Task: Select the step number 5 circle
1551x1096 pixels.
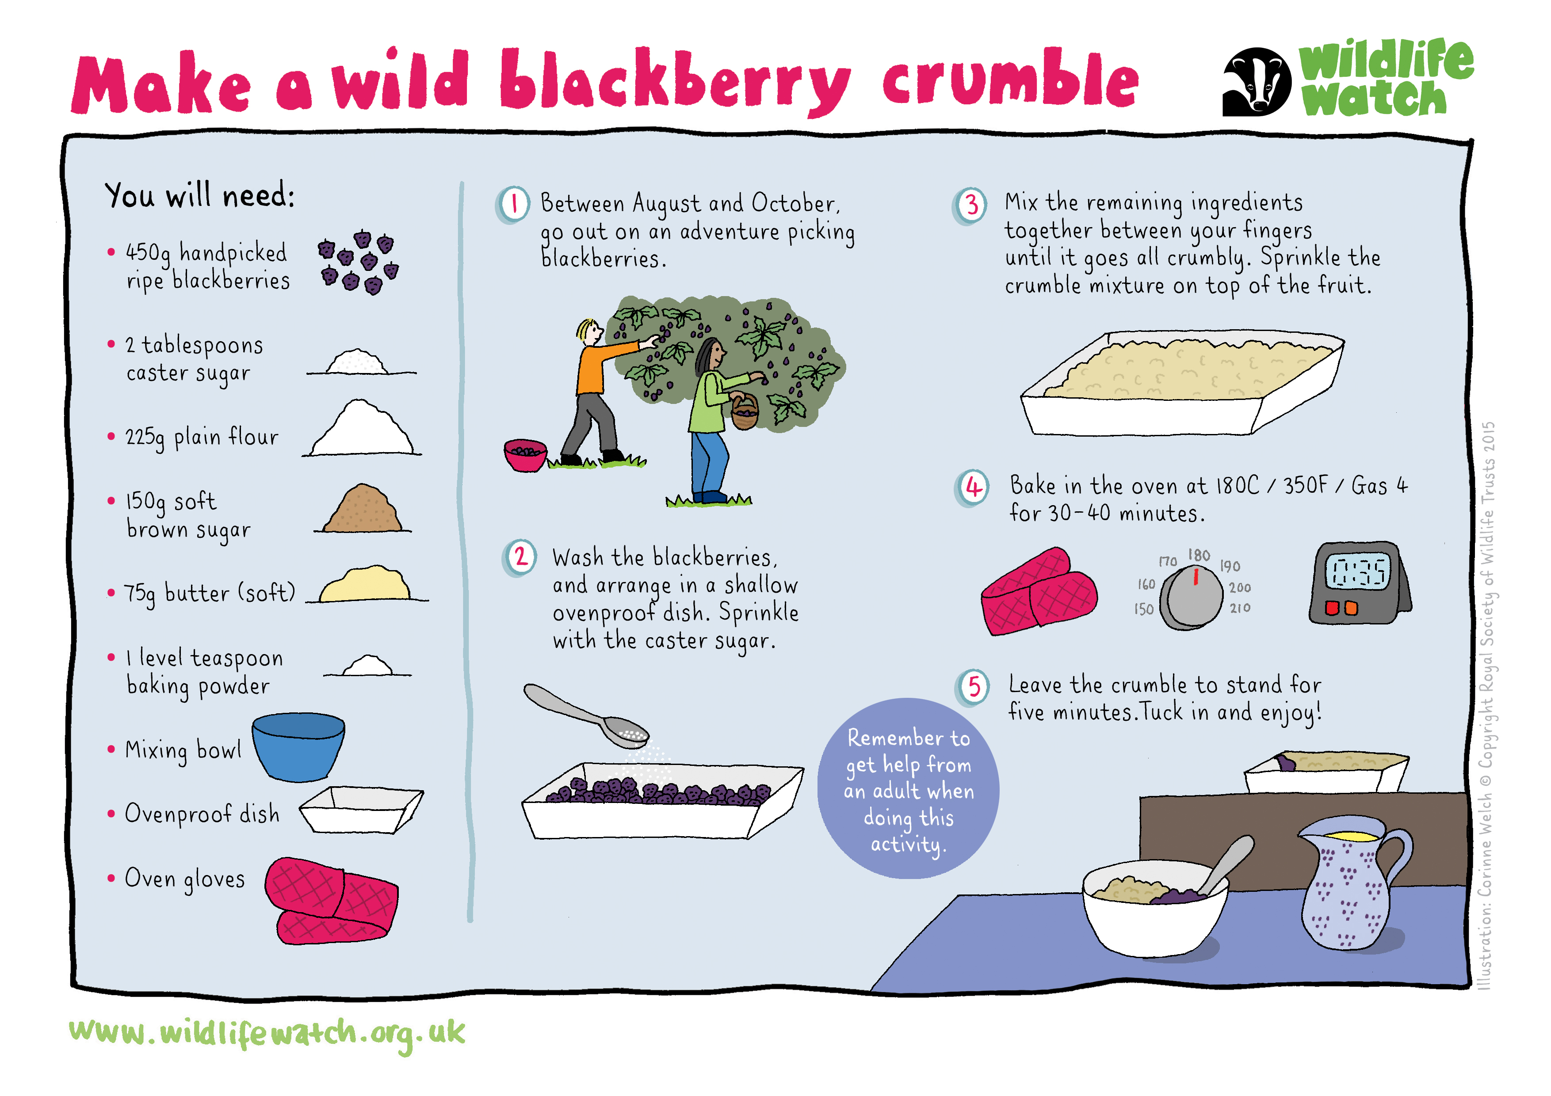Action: click(x=973, y=687)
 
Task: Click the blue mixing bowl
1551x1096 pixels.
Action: click(x=298, y=746)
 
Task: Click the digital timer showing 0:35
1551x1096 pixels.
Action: click(x=1359, y=582)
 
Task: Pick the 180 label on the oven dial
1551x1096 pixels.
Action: click(x=1199, y=555)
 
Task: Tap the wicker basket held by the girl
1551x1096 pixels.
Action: click(x=745, y=411)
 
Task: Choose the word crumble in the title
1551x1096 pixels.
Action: click(x=1010, y=81)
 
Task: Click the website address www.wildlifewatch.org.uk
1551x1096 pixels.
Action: click(x=267, y=1034)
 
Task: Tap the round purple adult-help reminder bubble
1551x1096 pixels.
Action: click(x=908, y=788)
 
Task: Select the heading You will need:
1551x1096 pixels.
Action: click(x=199, y=195)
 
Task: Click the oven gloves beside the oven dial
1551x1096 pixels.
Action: click(x=1038, y=592)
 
